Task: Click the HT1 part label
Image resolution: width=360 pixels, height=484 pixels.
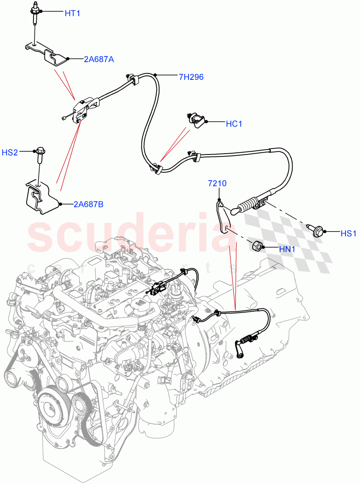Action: pyautogui.click(x=72, y=13)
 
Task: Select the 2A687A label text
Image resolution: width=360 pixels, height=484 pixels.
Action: pyautogui.click(x=99, y=59)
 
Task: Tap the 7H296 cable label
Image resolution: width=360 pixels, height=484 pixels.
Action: pyautogui.click(x=191, y=77)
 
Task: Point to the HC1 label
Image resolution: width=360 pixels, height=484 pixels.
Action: pyautogui.click(x=234, y=124)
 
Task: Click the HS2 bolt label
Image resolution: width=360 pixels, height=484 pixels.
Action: pyautogui.click(x=10, y=152)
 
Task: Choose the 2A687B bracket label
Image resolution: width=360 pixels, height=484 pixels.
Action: pyautogui.click(x=88, y=204)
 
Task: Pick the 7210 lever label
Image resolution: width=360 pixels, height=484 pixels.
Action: pyautogui.click(x=217, y=184)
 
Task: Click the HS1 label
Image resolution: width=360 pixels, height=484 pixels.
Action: pyautogui.click(x=348, y=233)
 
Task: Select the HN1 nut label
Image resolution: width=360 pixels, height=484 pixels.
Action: pyautogui.click(x=287, y=250)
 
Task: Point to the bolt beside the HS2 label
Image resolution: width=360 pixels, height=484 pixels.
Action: pyautogui.click(x=40, y=155)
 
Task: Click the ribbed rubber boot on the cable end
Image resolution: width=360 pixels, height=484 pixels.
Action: pyautogui.click(x=247, y=206)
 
